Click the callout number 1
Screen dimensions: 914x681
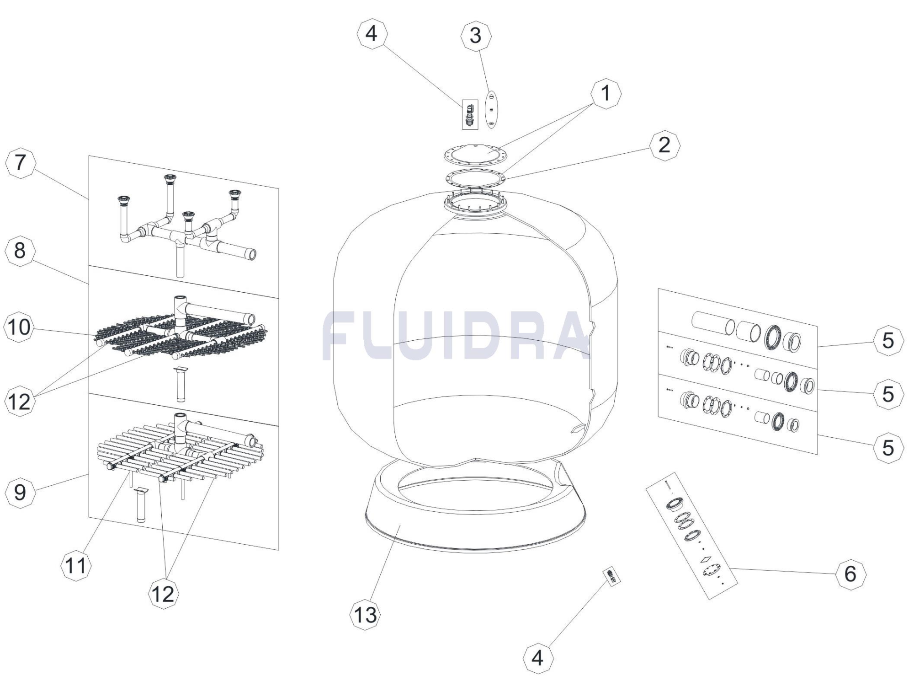click(x=606, y=93)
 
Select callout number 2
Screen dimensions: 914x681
click(x=664, y=145)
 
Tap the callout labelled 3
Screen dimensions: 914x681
click(x=476, y=36)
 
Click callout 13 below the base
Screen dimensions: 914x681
click(x=366, y=615)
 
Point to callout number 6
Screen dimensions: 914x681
click(x=850, y=574)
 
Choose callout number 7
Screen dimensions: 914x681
click(x=20, y=163)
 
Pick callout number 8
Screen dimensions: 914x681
click(x=20, y=250)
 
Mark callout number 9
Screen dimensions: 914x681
click(x=20, y=492)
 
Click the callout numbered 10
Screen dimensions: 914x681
click(x=19, y=327)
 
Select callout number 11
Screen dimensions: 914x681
click(x=76, y=566)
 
